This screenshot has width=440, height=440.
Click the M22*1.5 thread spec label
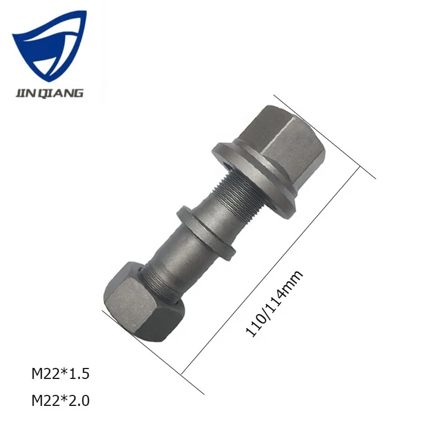click(x=60, y=375)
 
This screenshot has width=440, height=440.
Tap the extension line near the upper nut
click(x=324, y=137)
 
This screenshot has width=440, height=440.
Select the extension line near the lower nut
click(x=154, y=353)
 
